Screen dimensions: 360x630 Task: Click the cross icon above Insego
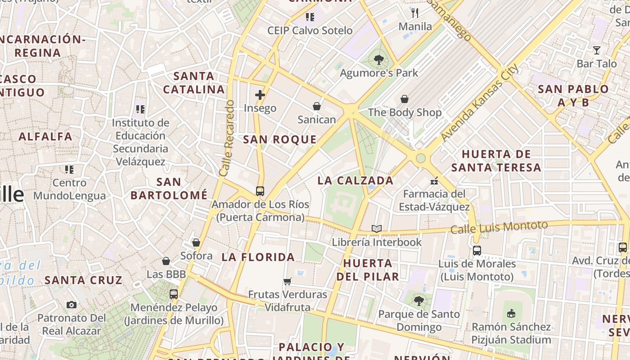(260, 95)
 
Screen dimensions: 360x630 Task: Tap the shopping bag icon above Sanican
(317, 106)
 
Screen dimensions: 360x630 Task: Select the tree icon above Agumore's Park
(379, 59)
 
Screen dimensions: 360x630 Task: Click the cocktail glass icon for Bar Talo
(597, 50)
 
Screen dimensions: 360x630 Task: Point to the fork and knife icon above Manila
(415, 13)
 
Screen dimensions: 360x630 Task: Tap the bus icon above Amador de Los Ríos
(260, 191)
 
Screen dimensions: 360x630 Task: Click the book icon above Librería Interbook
(377, 229)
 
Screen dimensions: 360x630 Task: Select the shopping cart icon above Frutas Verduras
(288, 282)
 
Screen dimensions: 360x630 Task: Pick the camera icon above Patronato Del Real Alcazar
(72, 305)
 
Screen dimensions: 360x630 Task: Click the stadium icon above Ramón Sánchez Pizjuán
(511, 313)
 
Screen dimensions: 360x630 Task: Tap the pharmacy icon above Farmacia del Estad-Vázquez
(434, 181)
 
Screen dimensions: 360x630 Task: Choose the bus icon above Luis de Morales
(477, 251)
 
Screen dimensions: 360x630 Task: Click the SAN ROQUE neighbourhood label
(280, 139)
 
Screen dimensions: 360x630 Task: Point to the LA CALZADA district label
(355, 181)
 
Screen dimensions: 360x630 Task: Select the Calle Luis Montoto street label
(499, 227)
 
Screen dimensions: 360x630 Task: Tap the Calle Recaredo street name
(227, 138)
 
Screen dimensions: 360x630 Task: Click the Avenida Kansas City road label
(480, 103)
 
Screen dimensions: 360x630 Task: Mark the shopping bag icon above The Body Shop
(405, 99)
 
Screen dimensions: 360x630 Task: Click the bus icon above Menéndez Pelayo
(174, 294)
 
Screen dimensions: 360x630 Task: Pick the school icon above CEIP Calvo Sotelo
(310, 17)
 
